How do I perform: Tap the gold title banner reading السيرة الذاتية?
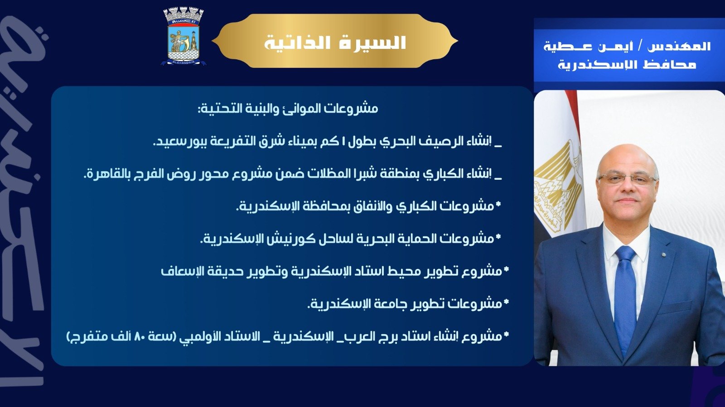click(335, 42)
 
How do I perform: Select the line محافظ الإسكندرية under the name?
click(627, 64)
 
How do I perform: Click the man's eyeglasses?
click(628, 179)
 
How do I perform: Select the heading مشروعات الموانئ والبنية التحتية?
click(287, 109)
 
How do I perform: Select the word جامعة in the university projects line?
click(391, 303)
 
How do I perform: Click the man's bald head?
click(628, 154)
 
